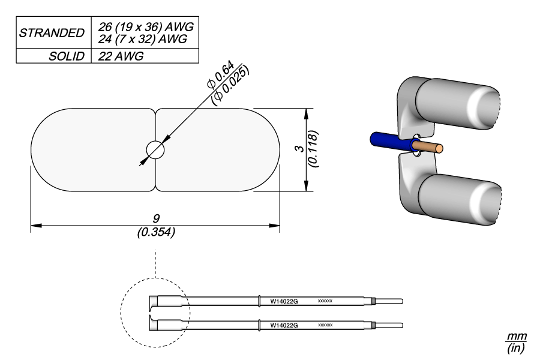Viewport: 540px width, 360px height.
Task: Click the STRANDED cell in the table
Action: [52, 32]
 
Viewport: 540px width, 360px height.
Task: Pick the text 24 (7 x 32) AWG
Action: [142, 39]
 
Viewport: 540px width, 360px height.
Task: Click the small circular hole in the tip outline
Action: [155, 150]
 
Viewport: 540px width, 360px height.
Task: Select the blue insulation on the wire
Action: [389, 142]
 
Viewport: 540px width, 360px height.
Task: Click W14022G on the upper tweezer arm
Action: [284, 301]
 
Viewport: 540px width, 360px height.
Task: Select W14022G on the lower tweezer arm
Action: [284, 325]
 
